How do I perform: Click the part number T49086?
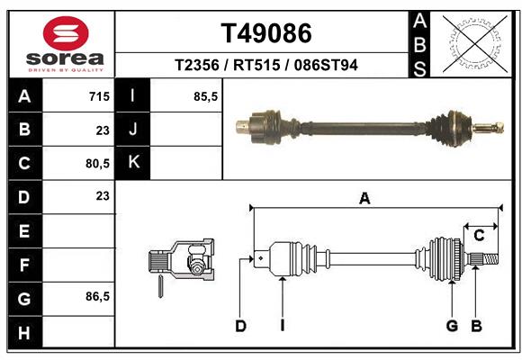(266, 33)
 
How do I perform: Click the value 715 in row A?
(99, 96)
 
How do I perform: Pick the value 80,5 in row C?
(96, 163)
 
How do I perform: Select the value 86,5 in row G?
(96, 296)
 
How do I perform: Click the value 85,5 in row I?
(206, 96)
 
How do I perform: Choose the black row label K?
(133, 163)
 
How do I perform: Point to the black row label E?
(24, 231)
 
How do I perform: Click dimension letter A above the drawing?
(364, 199)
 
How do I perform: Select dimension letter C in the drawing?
(480, 236)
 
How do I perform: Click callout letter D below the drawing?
(240, 326)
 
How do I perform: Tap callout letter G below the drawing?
(452, 326)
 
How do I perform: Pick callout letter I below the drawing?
(282, 326)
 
